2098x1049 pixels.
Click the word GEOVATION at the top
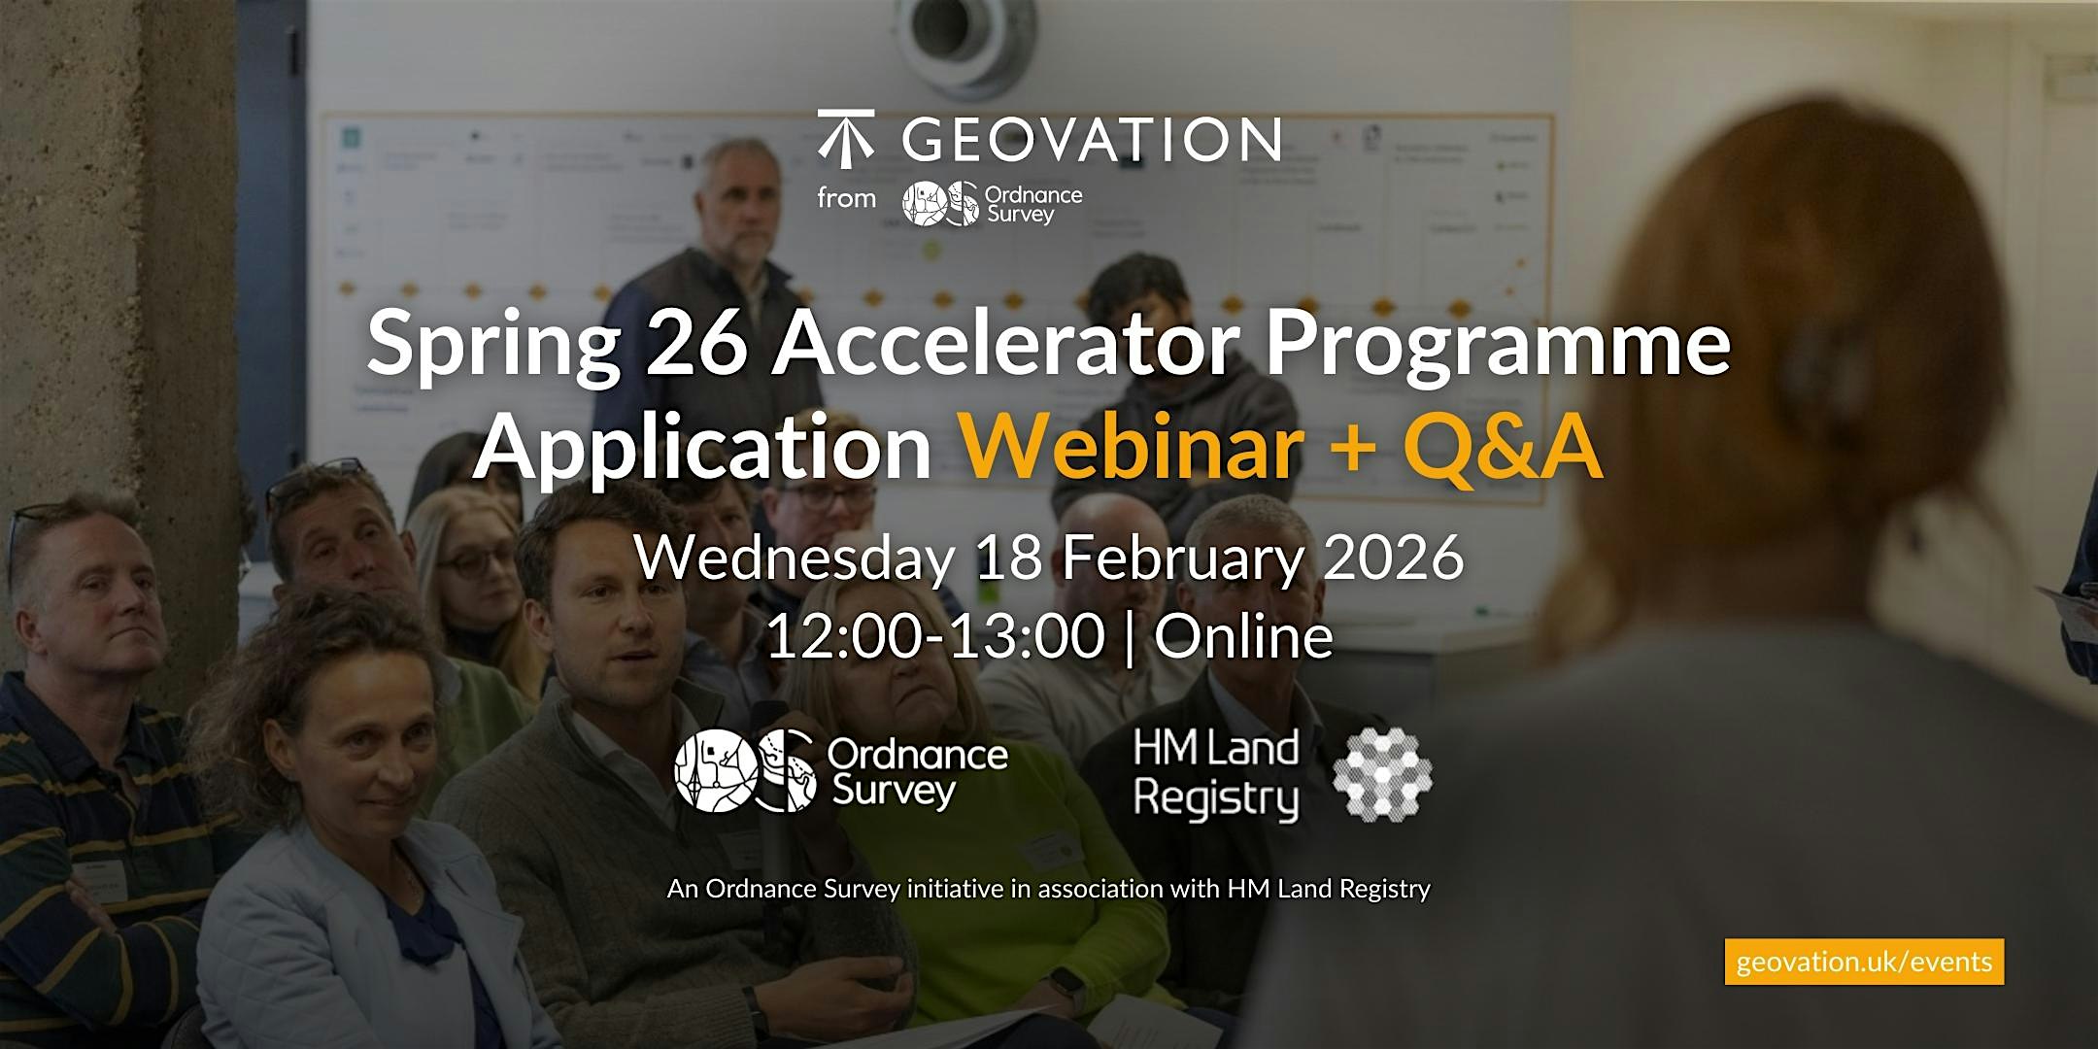click(x=1092, y=140)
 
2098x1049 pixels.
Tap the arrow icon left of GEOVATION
click(x=846, y=138)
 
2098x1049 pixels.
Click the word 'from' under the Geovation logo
click(x=846, y=198)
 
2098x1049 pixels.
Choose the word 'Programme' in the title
click(x=1499, y=347)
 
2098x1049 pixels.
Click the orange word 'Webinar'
click(x=1133, y=447)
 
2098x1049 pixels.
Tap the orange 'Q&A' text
click(x=1503, y=448)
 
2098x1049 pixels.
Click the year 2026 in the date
click(x=1393, y=558)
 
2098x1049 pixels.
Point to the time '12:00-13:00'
click(x=935, y=636)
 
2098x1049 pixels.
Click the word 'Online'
click(x=1243, y=636)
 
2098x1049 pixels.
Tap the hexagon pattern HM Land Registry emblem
click(x=1382, y=774)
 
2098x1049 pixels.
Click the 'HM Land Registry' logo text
click(x=1216, y=774)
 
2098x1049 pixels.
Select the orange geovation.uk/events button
click(x=1864, y=962)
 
